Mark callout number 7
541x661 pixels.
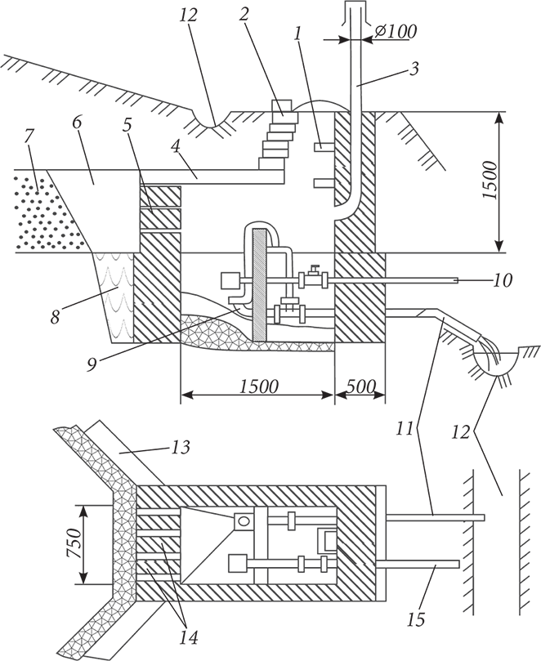(x=29, y=133)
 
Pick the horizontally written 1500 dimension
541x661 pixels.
(x=257, y=385)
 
